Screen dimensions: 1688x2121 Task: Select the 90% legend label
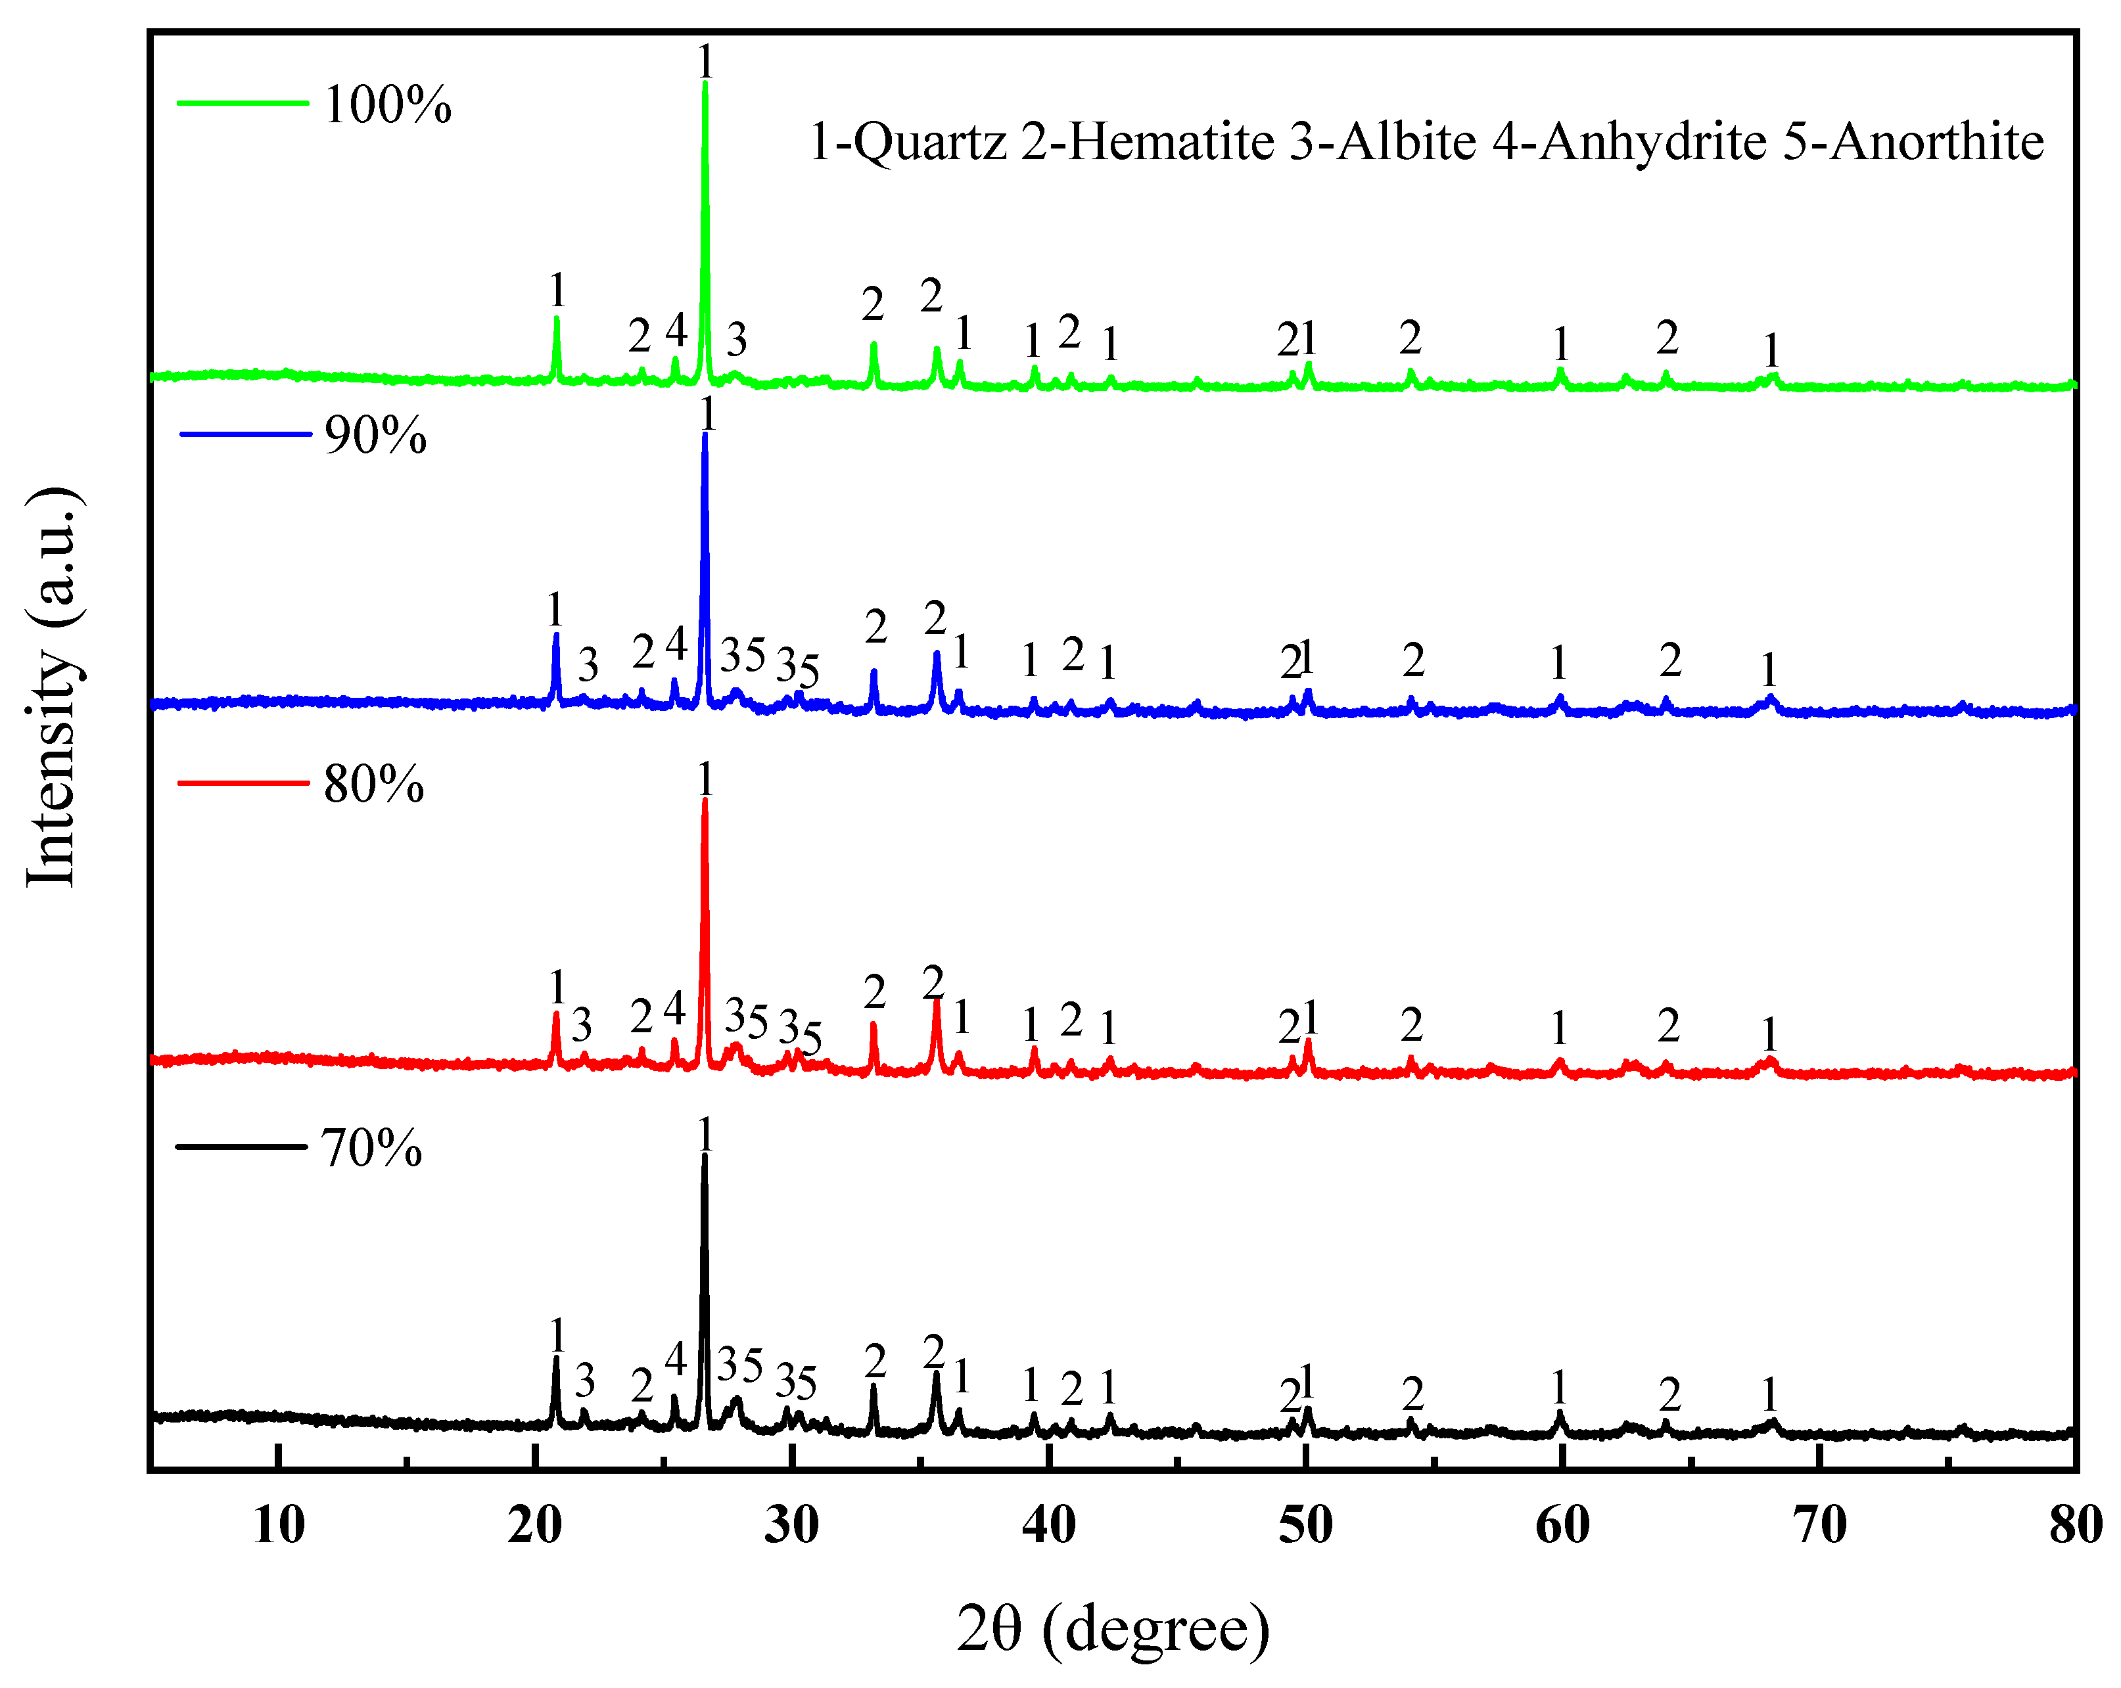[x=375, y=435]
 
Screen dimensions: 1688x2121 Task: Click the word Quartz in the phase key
[x=929, y=143]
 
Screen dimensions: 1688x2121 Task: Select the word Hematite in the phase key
[x=1171, y=143]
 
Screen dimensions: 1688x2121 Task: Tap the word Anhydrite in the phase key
[x=1653, y=143]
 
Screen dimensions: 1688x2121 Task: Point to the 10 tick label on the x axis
[x=279, y=1526]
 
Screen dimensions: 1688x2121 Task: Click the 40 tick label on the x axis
[x=1049, y=1526]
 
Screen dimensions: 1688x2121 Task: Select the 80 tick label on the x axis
[x=2076, y=1526]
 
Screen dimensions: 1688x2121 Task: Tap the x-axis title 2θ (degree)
[x=1113, y=1628]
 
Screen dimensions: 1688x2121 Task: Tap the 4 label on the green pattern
[x=676, y=331]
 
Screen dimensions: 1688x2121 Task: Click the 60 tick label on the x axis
[x=1562, y=1526]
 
